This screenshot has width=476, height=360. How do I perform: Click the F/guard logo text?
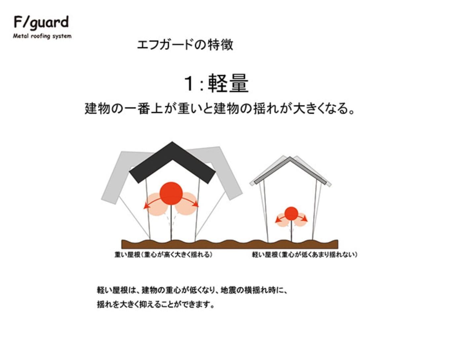click(x=41, y=22)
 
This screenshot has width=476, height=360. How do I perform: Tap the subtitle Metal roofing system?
click(x=42, y=36)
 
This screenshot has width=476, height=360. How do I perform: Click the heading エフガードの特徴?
click(x=185, y=45)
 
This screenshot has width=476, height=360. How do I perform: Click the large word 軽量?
click(x=228, y=84)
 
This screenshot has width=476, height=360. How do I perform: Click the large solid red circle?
click(x=171, y=193)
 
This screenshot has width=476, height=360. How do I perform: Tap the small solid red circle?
click(x=291, y=213)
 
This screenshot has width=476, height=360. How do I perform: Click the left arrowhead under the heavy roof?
click(x=146, y=207)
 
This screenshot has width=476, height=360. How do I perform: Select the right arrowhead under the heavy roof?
click(x=196, y=204)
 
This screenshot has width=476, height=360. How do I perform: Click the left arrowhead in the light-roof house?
click(x=277, y=221)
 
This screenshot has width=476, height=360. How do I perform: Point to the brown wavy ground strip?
click(x=229, y=244)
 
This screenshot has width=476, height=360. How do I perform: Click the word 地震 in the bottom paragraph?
click(x=228, y=290)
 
